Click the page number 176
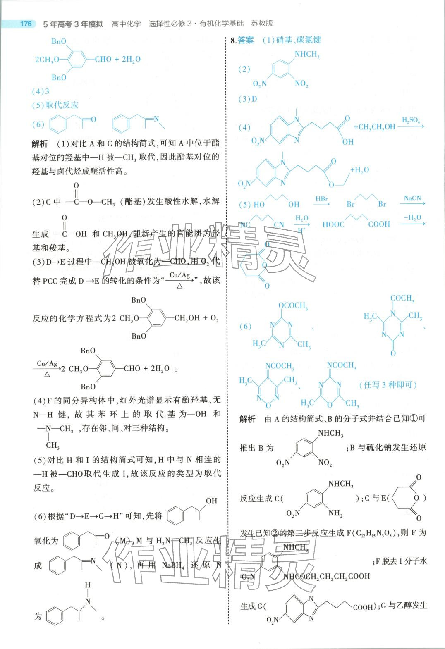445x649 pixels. [x=26, y=24]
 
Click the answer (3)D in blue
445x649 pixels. [x=248, y=99]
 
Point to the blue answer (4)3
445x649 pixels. [x=41, y=91]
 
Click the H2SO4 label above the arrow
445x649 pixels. [x=411, y=120]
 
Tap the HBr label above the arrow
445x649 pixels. [x=322, y=199]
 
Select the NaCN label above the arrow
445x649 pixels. [x=412, y=198]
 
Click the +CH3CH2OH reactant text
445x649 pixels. [x=374, y=127]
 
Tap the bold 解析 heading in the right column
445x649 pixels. [x=247, y=419]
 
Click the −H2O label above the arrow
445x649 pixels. [x=412, y=217]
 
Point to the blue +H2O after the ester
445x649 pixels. [x=359, y=170]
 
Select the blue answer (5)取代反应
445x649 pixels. [x=55, y=105]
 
